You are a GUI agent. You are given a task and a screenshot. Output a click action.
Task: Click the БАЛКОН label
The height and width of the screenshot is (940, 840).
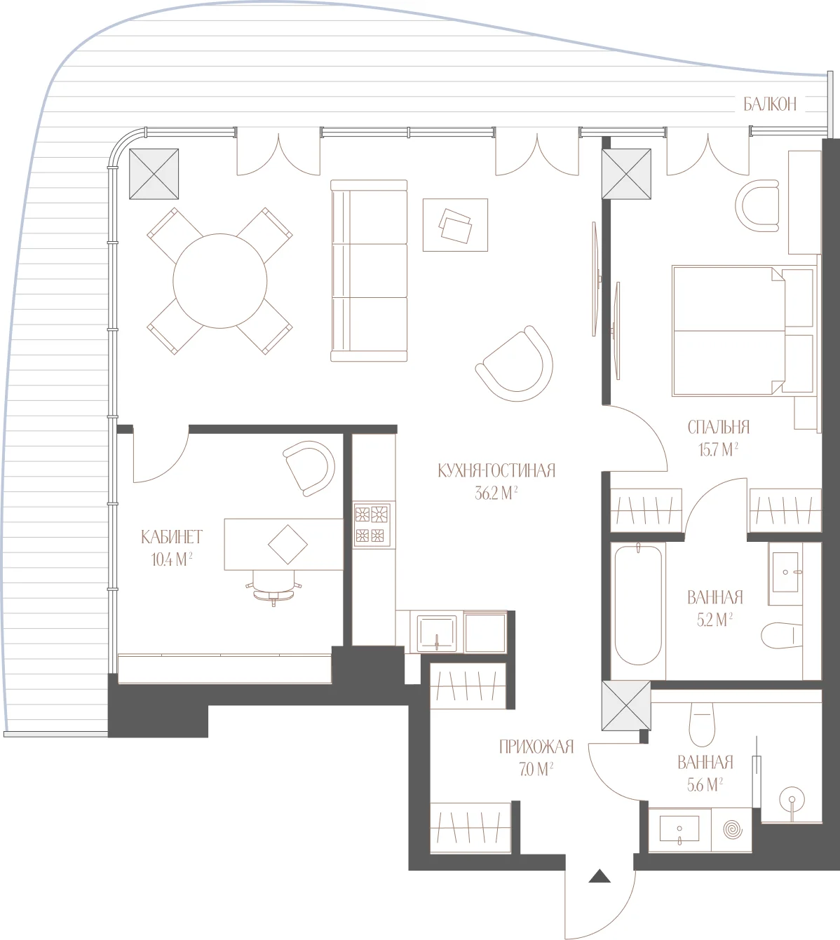[x=770, y=104]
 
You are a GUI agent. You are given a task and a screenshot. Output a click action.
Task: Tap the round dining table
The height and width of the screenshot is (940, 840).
[x=220, y=280]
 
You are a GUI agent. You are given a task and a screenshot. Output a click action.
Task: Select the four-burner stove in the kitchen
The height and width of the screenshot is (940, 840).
[x=372, y=525]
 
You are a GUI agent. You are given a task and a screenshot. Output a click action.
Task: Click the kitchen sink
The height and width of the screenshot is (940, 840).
[x=437, y=633]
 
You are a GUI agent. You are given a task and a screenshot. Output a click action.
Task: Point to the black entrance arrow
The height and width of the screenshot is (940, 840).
[x=599, y=876]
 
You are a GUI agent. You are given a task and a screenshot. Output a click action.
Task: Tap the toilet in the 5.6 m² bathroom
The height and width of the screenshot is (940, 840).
[x=702, y=724]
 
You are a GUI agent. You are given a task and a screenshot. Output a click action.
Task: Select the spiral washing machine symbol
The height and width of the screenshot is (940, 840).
[x=733, y=829]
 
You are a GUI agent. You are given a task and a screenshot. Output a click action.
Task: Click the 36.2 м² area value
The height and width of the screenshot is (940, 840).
[x=496, y=493]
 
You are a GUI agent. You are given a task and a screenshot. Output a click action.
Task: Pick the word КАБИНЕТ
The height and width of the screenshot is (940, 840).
[x=172, y=537]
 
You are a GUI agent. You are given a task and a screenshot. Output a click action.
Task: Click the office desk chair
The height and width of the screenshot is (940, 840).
[x=274, y=588]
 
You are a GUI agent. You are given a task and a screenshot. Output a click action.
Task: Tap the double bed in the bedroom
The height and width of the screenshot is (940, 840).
[x=743, y=331]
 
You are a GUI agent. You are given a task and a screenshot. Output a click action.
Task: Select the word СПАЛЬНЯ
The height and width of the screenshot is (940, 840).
[x=719, y=427]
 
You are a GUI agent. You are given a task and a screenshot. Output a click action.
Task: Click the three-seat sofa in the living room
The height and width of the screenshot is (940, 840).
[x=369, y=271]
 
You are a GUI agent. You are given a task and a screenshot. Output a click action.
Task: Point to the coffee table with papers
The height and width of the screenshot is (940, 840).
[x=455, y=225]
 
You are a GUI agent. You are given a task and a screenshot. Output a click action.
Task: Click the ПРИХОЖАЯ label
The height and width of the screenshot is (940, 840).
[x=536, y=747]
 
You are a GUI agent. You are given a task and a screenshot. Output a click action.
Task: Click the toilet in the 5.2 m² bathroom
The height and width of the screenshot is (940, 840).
[x=782, y=635]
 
